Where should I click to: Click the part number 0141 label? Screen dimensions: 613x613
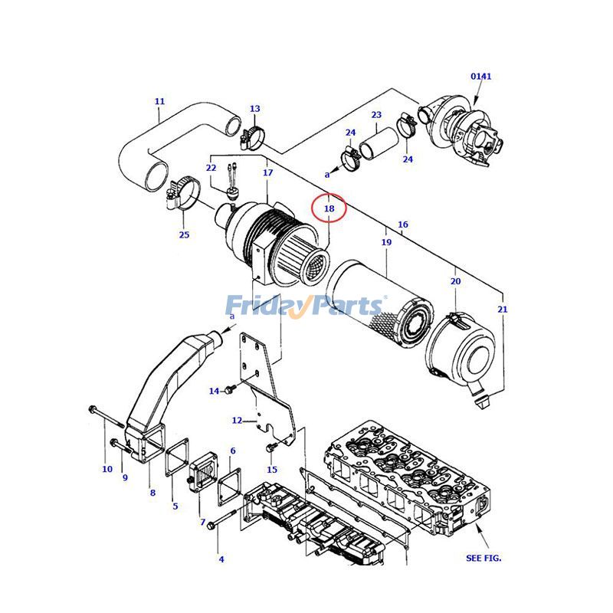click(x=480, y=76)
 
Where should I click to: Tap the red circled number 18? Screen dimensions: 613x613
click(x=329, y=208)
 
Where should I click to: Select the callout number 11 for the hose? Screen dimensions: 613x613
click(x=159, y=101)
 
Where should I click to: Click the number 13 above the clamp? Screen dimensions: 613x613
click(x=255, y=109)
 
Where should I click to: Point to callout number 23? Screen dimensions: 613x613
click(x=376, y=115)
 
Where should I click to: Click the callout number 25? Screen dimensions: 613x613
click(x=184, y=234)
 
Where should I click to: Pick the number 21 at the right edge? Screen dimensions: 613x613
click(x=503, y=309)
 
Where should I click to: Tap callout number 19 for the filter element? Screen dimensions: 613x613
click(x=386, y=242)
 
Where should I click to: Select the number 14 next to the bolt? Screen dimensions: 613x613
click(x=214, y=392)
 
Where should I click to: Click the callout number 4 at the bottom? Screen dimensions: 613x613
click(x=221, y=559)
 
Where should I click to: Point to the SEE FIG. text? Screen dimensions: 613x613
click(x=484, y=558)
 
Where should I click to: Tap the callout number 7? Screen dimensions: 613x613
click(x=203, y=522)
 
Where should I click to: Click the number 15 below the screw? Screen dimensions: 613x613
click(x=272, y=469)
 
